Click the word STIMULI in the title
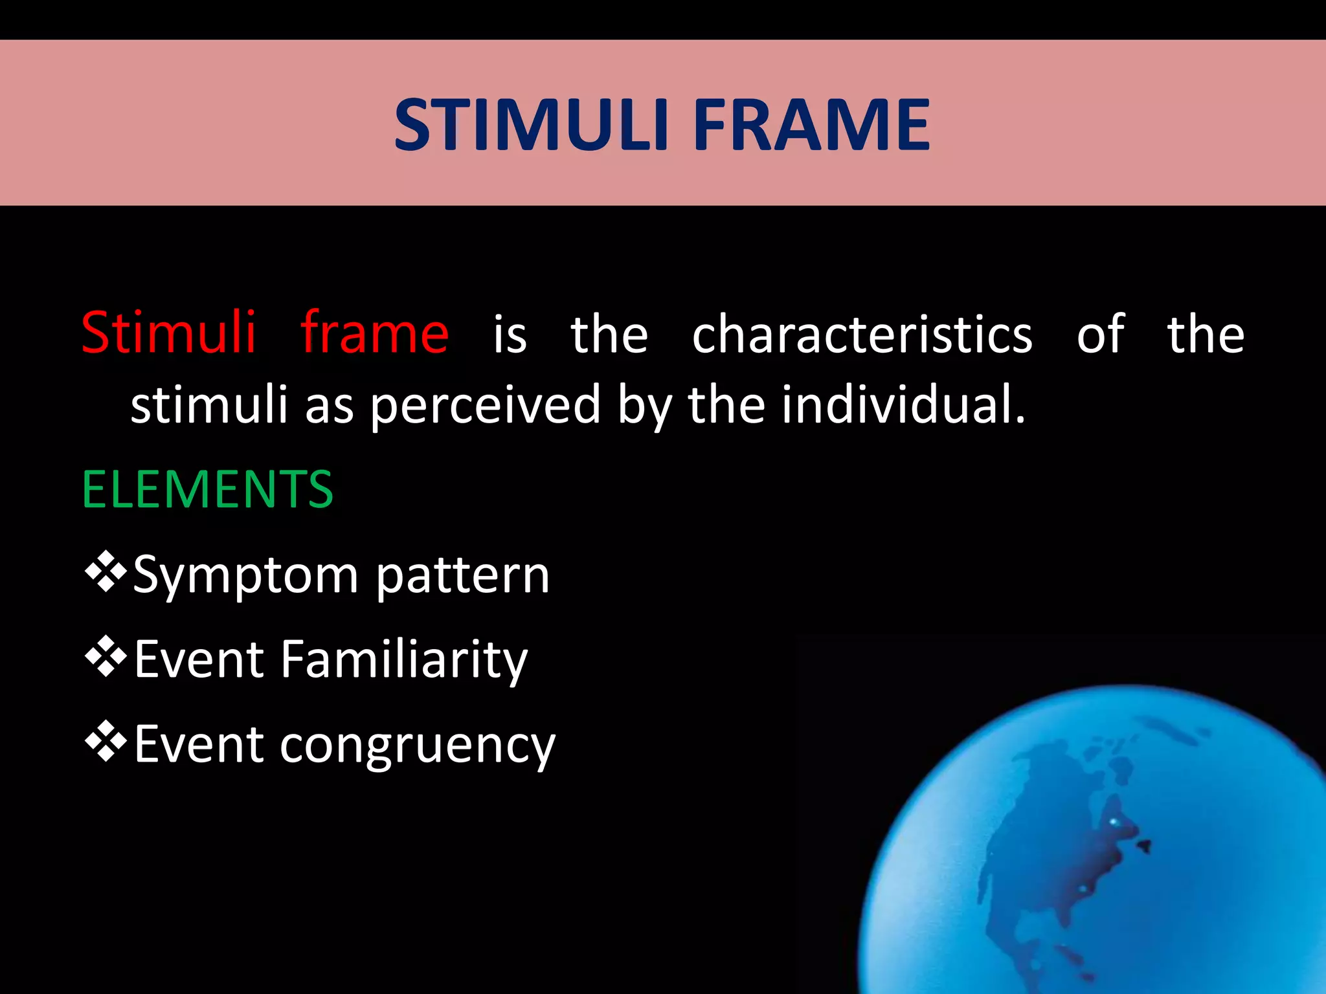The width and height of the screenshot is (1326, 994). pos(531,125)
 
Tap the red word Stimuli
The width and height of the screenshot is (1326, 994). pos(169,333)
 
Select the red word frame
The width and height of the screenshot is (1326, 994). pos(375,333)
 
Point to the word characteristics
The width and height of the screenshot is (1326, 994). pos(862,335)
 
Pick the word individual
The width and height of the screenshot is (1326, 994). pos(903,404)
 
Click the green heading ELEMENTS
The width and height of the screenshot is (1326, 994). pos(207,490)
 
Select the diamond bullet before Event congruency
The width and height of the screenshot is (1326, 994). pos(106,742)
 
